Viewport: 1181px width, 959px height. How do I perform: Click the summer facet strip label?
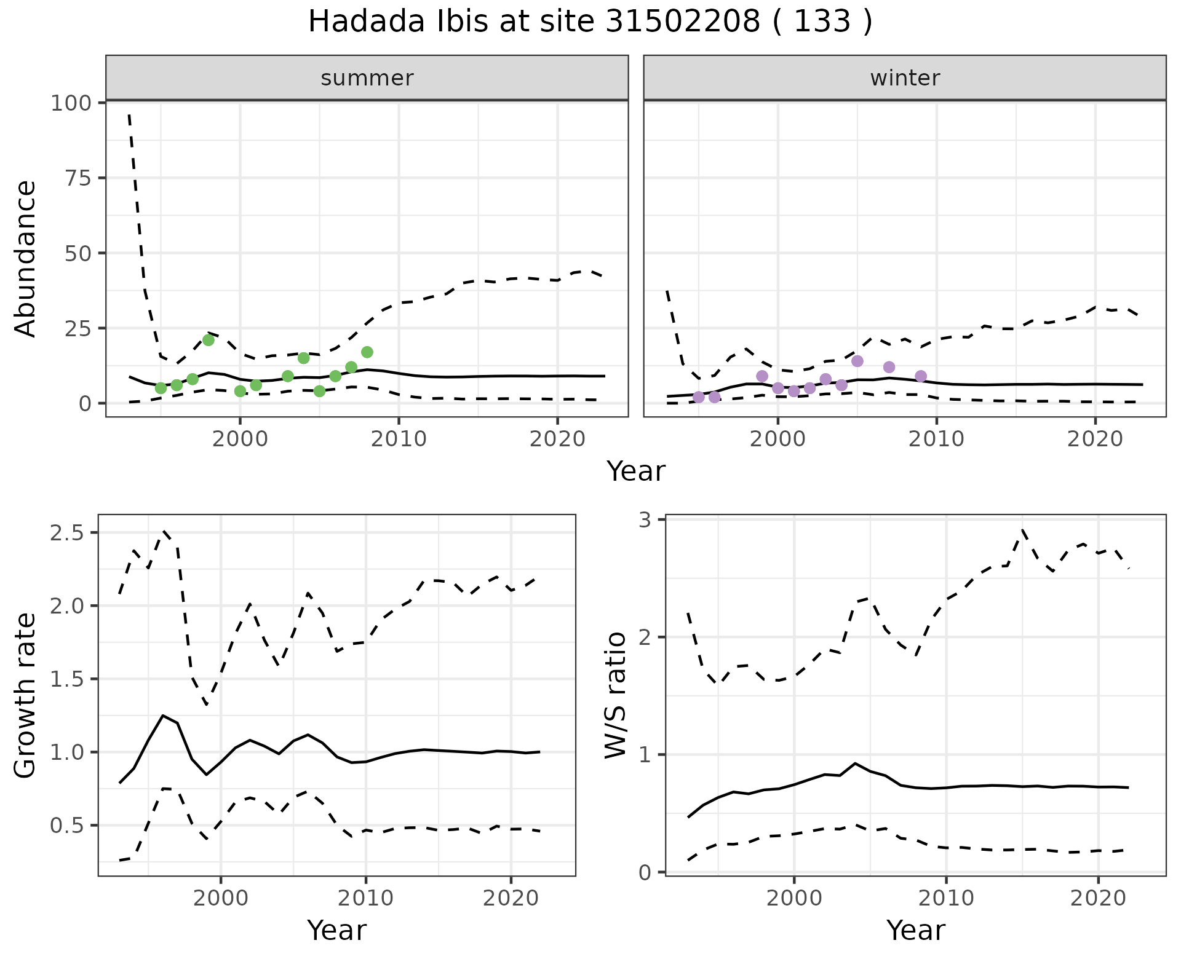[367, 78]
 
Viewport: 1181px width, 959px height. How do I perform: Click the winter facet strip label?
[905, 78]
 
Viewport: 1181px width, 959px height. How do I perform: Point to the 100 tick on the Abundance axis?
[70, 103]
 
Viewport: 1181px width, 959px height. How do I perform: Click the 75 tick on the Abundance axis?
[78, 178]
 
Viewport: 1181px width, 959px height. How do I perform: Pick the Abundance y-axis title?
[25, 258]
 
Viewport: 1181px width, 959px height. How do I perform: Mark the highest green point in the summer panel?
[209, 340]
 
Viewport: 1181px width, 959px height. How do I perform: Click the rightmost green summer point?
[367, 352]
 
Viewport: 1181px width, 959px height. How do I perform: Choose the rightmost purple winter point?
[921, 376]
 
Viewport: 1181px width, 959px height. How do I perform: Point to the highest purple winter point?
[857, 361]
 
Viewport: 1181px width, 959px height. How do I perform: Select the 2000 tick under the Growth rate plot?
[221, 898]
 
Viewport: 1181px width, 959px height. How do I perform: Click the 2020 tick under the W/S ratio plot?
[1098, 898]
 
